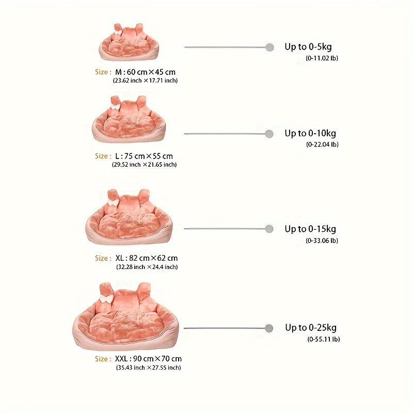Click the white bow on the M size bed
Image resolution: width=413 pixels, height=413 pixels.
(118, 33)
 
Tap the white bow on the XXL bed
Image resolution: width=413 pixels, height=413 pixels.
(106, 299)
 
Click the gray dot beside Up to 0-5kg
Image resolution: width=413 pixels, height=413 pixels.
(269, 47)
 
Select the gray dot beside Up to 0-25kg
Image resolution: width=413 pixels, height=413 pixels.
(269, 328)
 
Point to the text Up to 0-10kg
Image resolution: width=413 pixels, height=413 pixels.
(310, 133)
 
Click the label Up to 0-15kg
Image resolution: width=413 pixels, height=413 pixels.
(310, 229)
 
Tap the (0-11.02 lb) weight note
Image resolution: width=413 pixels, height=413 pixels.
(322, 58)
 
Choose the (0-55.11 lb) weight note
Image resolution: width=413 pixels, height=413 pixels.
(324, 339)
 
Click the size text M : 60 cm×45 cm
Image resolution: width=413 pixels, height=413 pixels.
(146, 72)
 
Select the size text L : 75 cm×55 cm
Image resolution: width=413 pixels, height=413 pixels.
(144, 156)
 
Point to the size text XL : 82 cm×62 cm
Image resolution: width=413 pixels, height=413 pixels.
(147, 258)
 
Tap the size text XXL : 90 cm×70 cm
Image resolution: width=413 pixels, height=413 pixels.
(148, 359)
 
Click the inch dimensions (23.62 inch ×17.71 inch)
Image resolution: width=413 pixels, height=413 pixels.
(146, 81)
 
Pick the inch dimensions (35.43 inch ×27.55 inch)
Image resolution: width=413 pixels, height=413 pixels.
(149, 368)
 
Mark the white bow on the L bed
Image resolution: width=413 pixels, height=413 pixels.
(115, 106)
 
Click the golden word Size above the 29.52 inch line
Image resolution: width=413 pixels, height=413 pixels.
(101, 156)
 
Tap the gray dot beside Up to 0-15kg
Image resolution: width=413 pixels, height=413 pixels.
(269, 229)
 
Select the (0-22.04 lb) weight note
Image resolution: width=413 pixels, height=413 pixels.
(322, 145)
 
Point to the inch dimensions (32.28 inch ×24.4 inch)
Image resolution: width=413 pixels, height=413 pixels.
(147, 267)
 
